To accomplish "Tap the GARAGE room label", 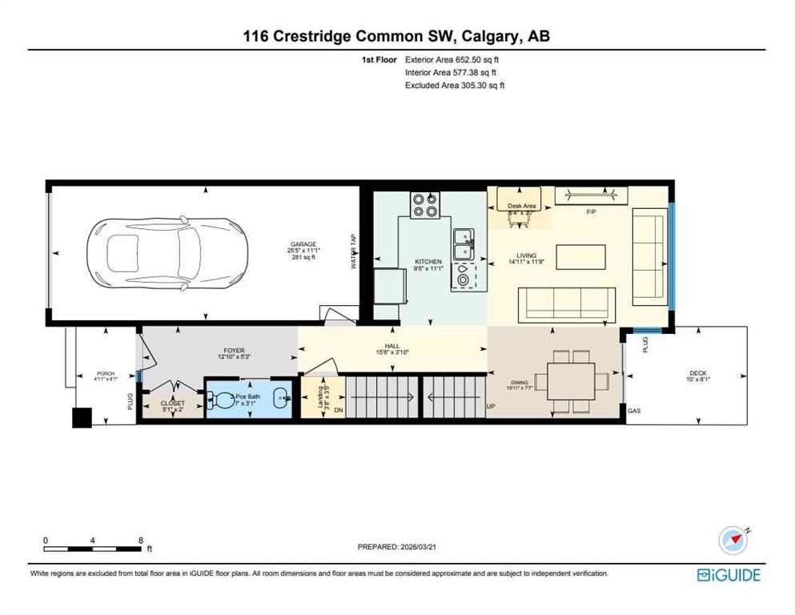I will pyautogui.click(x=303, y=244).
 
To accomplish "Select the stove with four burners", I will pyautogui.click(x=424, y=206).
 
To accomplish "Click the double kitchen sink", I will pyautogui.click(x=463, y=244).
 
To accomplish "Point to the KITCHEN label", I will pyautogui.click(x=428, y=262).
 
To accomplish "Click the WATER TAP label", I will pyautogui.click(x=353, y=251).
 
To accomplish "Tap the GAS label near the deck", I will pyautogui.click(x=634, y=411).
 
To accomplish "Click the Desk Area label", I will pyautogui.click(x=520, y=207).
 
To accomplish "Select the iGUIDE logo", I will pyautogui.click(x=729, y=574).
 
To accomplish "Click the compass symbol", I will pyautogui.click(x=733, y=541).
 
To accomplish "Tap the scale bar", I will pyautogui.click(x=94, y=548).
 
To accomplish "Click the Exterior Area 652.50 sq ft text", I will pyautogui.click(x=455, y=59).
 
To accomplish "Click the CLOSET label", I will pyautogui.click(x=172, y=404).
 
